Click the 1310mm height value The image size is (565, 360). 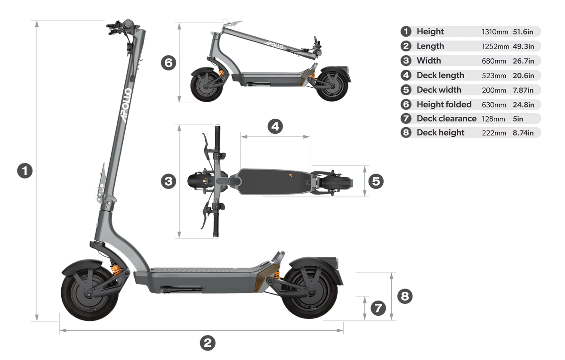(495, 32)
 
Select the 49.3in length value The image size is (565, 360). (523, 47)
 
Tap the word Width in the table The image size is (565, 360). (429, 61)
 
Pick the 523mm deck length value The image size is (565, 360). (493, 76)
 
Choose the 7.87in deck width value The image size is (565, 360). (523, 90)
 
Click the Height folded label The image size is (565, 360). (444, 104)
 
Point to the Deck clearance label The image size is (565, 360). (446, 118)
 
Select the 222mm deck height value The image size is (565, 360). (493, 133)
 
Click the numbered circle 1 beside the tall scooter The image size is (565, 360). (24, 171)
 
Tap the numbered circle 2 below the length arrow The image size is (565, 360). (207, 343)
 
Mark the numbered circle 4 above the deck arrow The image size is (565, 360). (275, 126)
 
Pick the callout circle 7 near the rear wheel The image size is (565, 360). (378, 308)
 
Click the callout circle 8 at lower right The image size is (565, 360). (405, 296)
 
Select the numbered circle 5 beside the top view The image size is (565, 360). (376, 181)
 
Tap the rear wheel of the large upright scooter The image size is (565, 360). (309, 293)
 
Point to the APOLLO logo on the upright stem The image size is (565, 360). (126, 105)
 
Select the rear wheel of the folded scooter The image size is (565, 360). (332, 86)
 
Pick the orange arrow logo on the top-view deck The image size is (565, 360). (291, 175)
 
